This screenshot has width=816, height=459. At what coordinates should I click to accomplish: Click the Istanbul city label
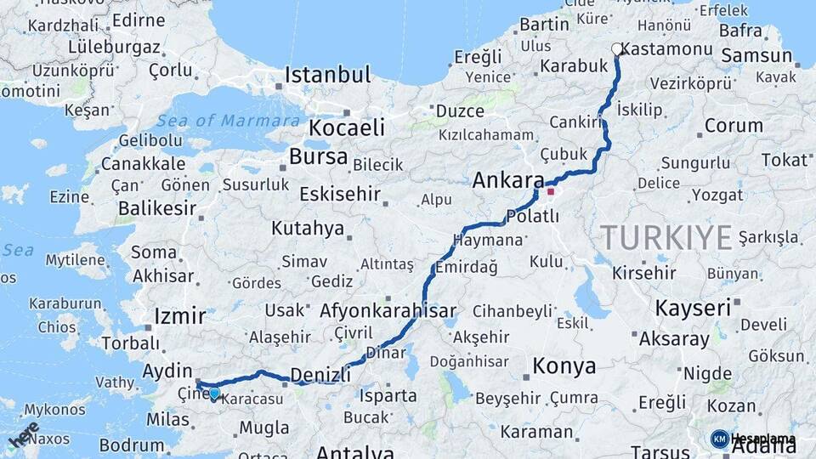327,75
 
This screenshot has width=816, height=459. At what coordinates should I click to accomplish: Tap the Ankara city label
507,180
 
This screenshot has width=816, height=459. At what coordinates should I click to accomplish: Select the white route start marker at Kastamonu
617,49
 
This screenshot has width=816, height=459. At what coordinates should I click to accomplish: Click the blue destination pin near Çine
214,393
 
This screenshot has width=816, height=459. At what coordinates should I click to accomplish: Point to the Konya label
564,366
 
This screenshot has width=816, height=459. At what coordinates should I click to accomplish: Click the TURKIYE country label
666,237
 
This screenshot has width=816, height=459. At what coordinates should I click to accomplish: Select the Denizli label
320,375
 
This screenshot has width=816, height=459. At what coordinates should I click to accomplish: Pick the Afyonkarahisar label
388,311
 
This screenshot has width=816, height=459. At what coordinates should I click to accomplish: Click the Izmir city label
179,317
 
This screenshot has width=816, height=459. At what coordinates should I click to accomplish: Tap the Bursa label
318,156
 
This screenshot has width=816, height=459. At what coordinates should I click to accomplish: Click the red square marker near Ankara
551,191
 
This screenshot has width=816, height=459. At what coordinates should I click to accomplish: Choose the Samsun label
756,56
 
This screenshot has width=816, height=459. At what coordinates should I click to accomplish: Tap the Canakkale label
143,163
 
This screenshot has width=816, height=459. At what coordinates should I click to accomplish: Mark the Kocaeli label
346,128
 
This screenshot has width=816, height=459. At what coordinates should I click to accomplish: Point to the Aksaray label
674,339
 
